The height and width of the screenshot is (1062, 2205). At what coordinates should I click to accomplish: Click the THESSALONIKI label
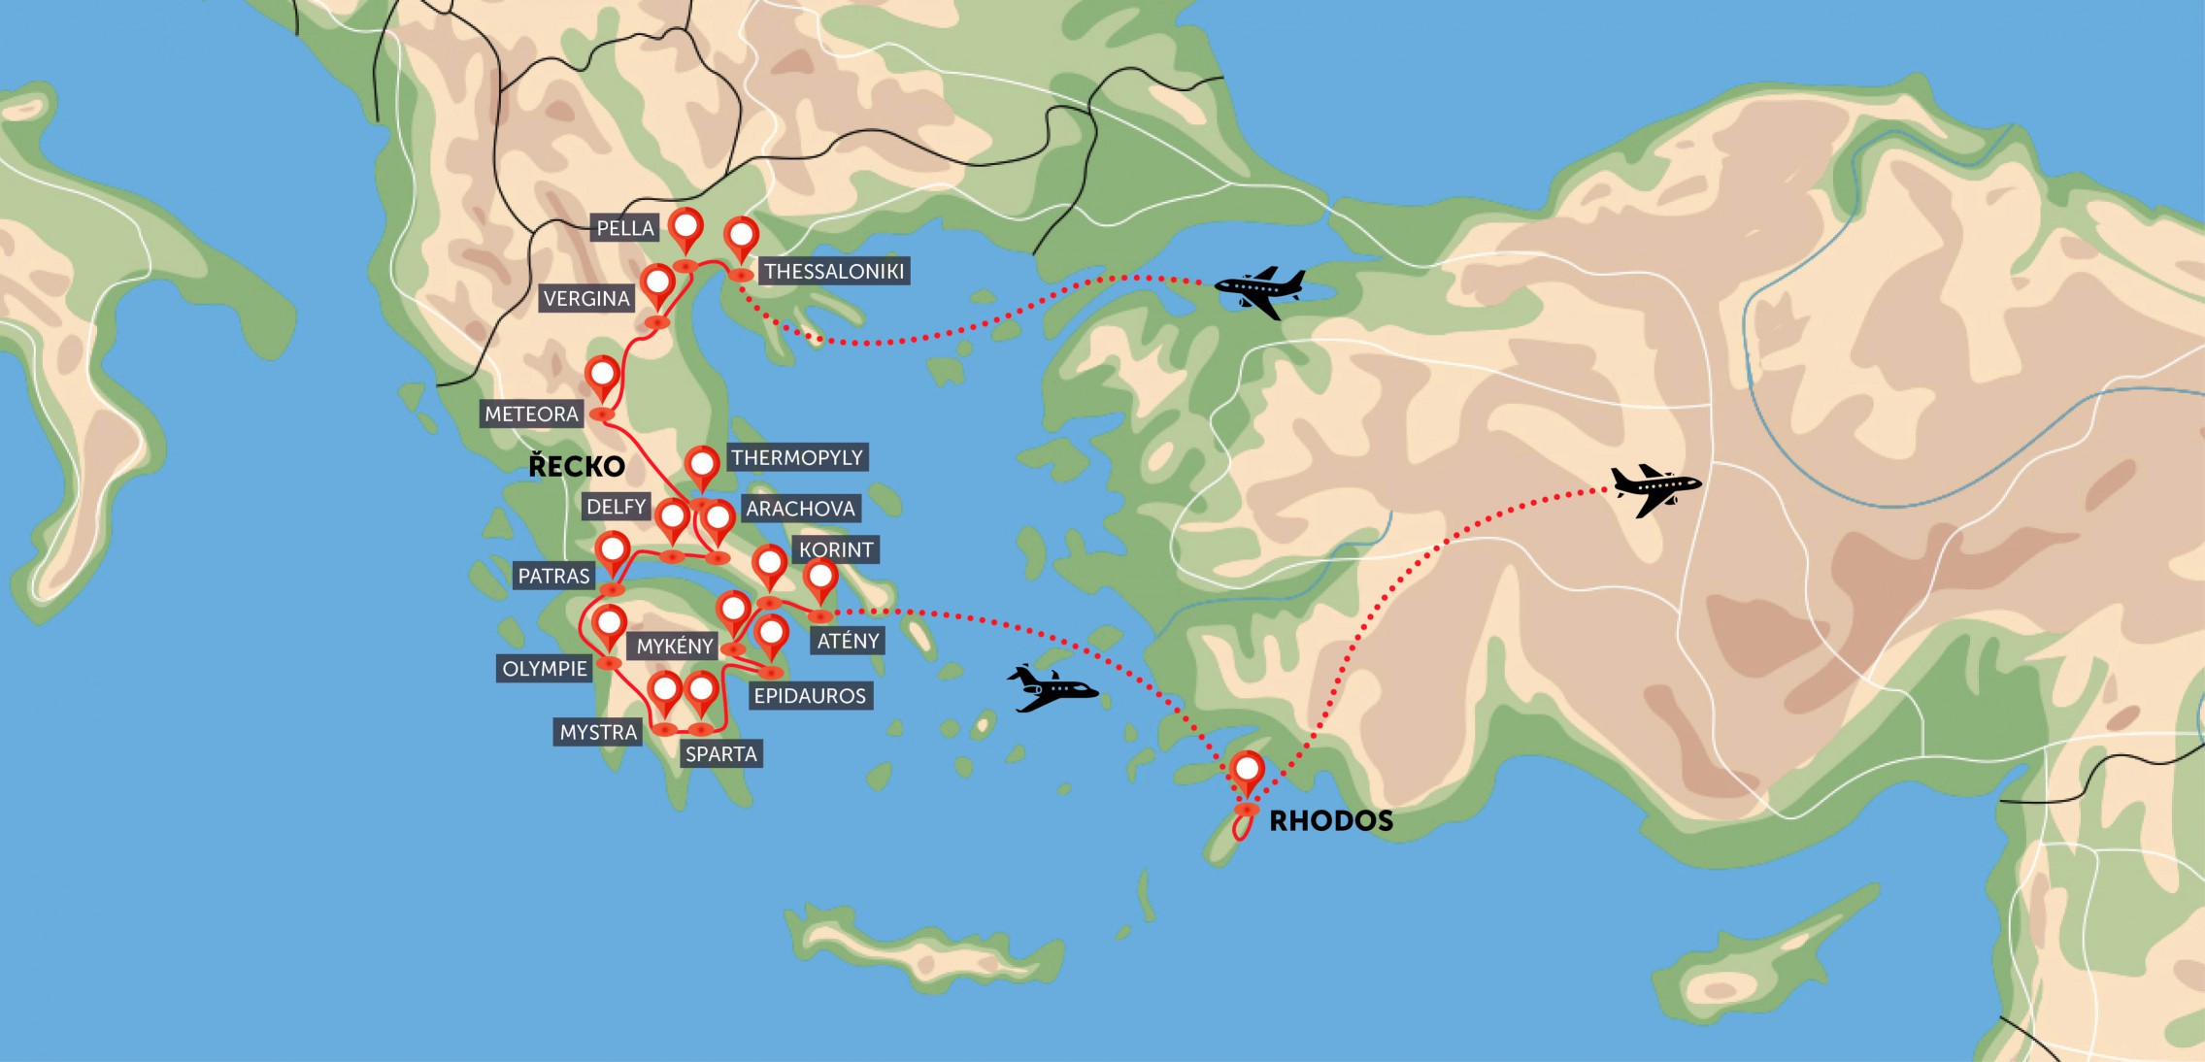(834, 271)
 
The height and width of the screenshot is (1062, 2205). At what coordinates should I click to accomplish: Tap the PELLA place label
(624, 228)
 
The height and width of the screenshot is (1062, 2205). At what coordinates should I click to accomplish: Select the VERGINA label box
(586, 298)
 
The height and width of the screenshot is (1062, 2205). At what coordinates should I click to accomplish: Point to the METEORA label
(531, 414)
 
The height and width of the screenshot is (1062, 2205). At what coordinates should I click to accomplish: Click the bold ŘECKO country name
(577, 466)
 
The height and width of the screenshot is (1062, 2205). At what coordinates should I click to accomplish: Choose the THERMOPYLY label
(796, 457)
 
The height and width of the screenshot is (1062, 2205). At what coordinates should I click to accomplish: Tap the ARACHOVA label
(800, 508)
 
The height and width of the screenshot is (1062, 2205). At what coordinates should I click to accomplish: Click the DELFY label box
(616, 506)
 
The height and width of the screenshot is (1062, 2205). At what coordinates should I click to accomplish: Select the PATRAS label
(553, 576)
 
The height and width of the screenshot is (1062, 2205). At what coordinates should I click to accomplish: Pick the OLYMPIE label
(545, 668)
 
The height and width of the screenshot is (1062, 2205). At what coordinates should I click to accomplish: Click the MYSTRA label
(598, 732)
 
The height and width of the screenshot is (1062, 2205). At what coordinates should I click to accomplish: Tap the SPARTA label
(720, 753)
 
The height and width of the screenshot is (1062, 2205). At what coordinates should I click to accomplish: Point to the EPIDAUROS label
(810, 695)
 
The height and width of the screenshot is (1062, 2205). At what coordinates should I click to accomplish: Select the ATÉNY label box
(848, 640)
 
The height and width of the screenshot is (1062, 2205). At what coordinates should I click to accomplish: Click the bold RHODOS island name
(1331, 821)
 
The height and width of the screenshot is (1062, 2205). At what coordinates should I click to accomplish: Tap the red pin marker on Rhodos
(1247, 773)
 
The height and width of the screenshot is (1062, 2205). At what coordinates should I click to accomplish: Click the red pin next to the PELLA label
(685, 228)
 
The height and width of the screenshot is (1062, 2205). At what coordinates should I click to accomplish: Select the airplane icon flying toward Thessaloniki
(1260, 289)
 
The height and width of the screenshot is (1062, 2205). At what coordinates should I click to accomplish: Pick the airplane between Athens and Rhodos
(1051, 688)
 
